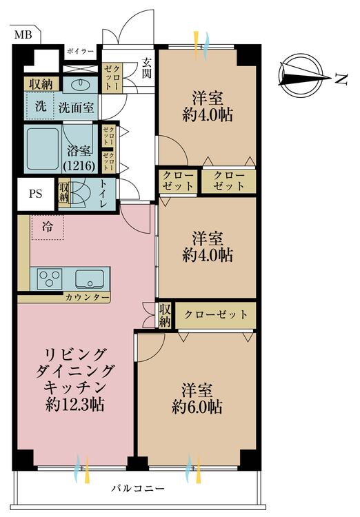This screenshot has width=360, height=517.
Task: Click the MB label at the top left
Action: click(23, 34)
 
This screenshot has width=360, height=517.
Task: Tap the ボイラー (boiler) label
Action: click(80, 52)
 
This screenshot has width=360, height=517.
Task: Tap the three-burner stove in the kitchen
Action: click(49, 278)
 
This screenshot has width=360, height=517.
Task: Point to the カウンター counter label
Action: click(87, 297)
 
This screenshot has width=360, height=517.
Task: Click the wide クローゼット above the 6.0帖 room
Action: click(216, 315)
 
